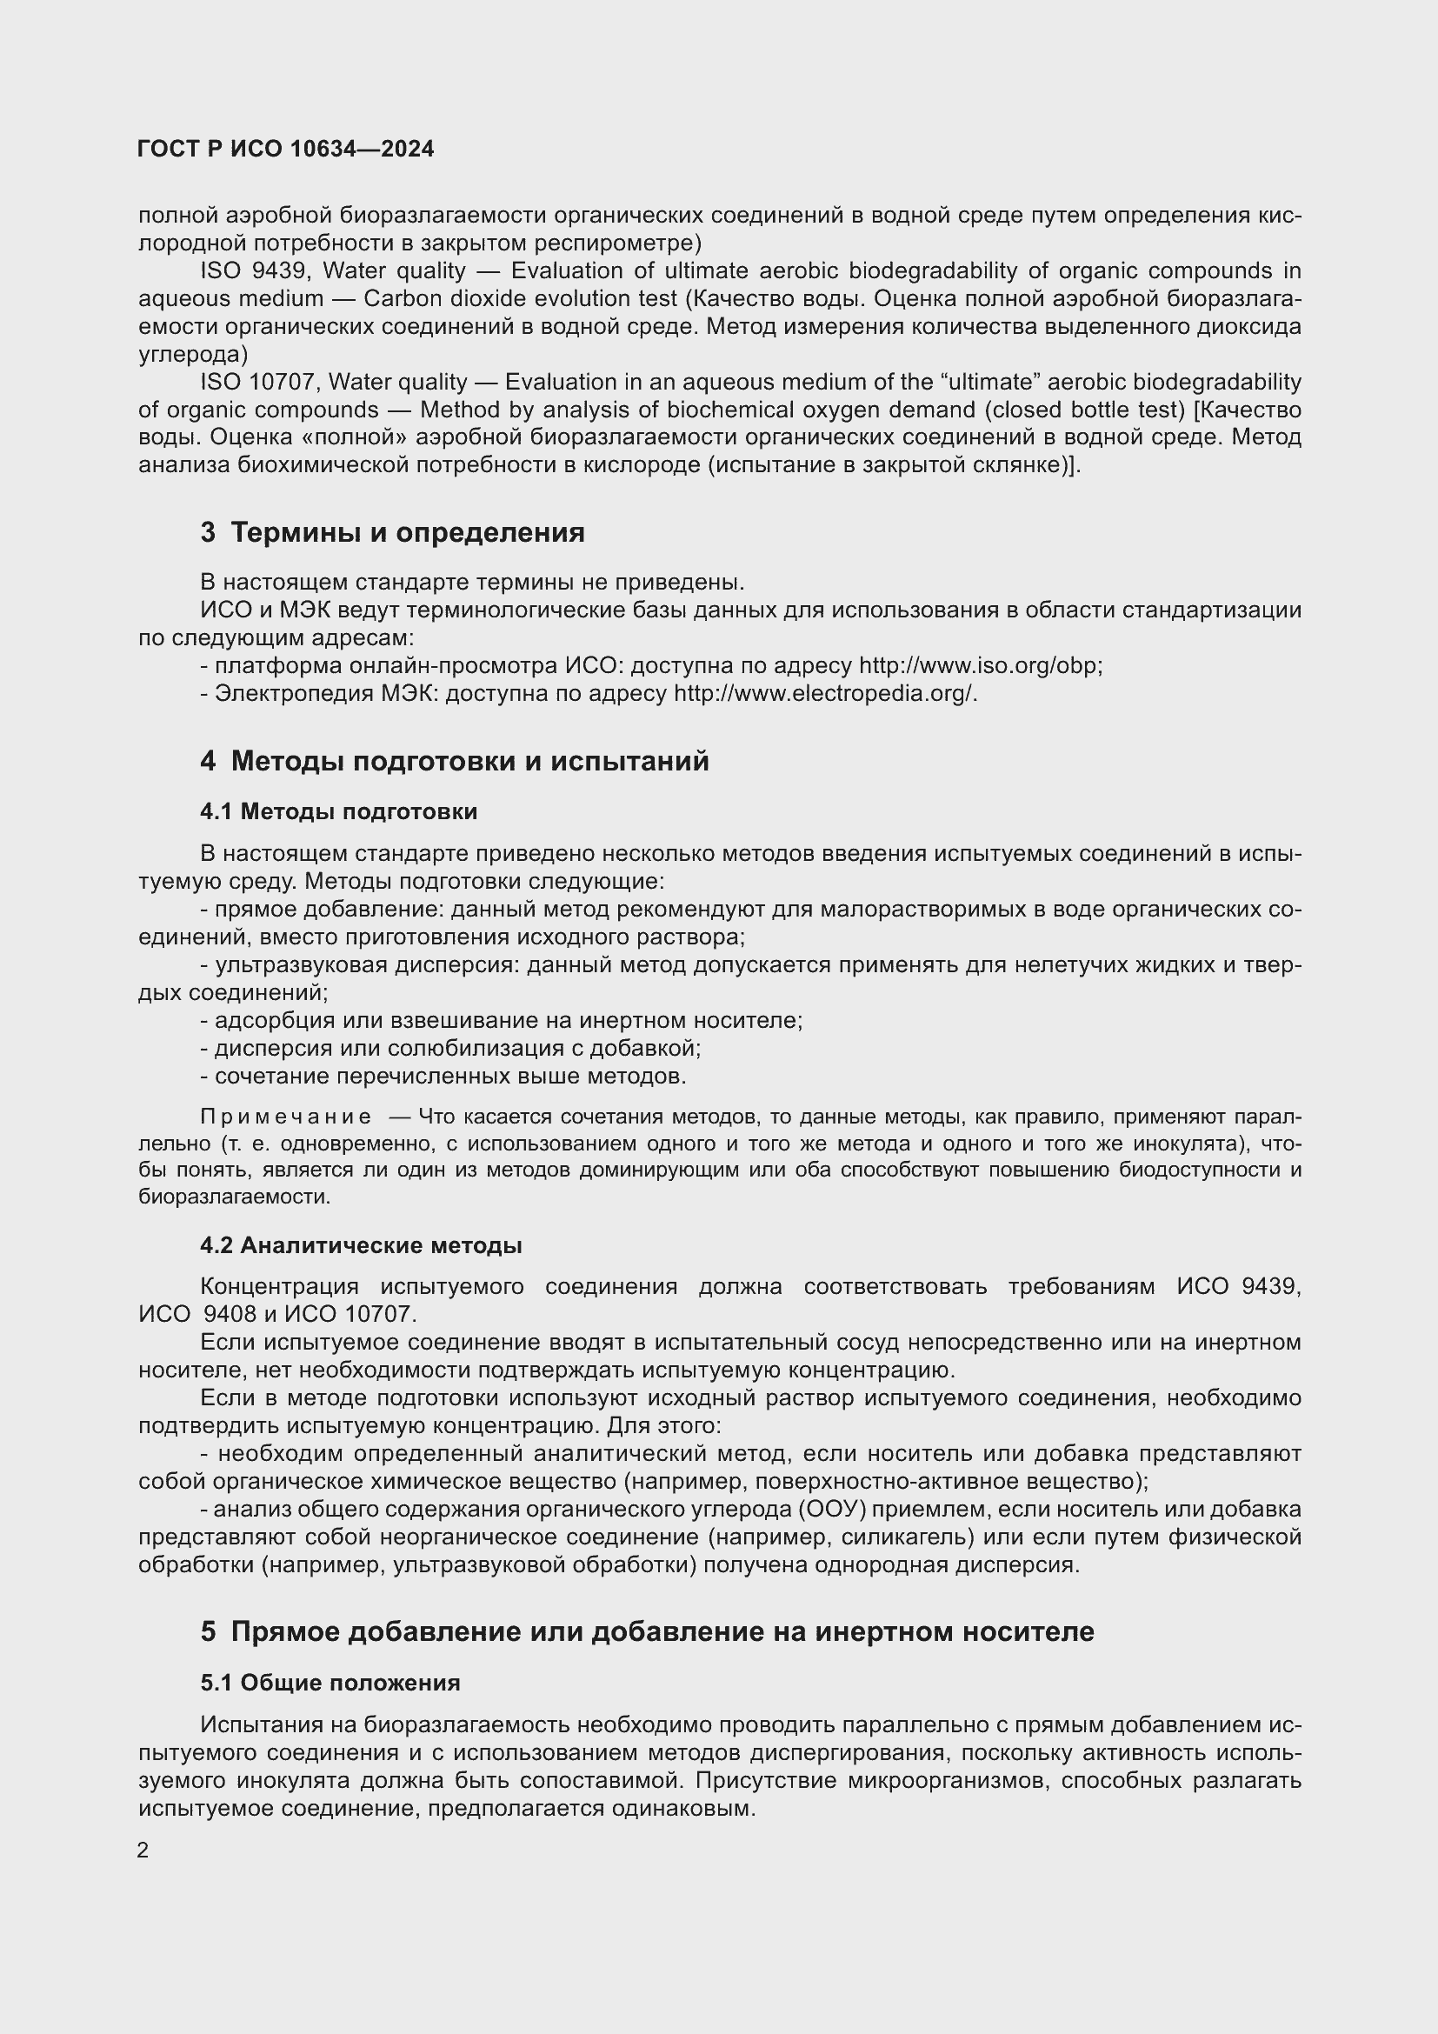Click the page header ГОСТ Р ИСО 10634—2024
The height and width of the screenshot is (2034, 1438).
click(286, 149)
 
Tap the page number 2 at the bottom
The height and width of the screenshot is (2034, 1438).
click(143, 1850)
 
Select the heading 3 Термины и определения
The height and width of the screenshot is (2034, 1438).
click(392, 532)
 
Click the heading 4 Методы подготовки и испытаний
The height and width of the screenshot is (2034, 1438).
click(454, 761)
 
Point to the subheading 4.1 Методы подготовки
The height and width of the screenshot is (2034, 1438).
click(338, 811)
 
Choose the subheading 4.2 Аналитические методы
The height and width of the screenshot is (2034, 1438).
click(361, 1245)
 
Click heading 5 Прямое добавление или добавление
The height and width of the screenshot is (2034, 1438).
click(648, 1631)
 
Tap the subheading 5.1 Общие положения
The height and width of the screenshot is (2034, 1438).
click(330, 1683)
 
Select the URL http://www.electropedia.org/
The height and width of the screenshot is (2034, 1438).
click(823, 693)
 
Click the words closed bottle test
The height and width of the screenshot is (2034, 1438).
click(1090, 410)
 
